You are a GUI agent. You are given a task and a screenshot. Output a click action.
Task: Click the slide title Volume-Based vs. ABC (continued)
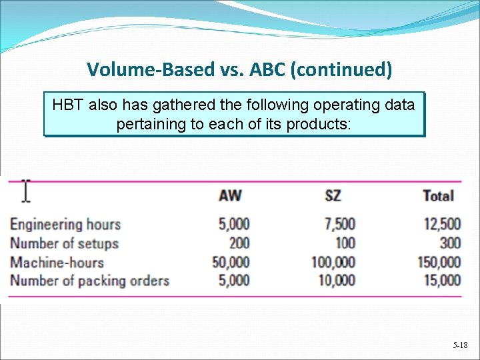[x=239, y=69]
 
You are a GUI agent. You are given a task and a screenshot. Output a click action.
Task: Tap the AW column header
[x=230, y=196]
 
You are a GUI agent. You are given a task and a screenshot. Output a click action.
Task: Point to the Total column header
[x=438, y=196]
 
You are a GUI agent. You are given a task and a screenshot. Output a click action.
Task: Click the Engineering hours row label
[x=65, y=224]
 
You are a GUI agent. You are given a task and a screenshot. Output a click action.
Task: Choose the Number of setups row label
[x=64, y=243]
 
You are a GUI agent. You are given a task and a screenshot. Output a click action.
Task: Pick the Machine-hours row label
[x=57, y=262]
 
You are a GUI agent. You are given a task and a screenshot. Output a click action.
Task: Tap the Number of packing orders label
[x=89, y=281]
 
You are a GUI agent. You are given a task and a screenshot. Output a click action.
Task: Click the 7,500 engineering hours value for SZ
[x=337, y=224]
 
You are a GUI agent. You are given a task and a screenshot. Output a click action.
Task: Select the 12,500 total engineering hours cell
[x=441, y=224]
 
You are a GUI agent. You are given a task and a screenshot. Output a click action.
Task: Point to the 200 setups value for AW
[x=238, y=243]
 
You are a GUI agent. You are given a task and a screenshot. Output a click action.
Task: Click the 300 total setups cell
[x=450, y=243]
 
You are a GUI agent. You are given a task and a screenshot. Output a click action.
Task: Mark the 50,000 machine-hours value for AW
[x=231, y=262]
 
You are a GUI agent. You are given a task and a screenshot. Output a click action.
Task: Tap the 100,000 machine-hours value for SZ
[x=333, y=262]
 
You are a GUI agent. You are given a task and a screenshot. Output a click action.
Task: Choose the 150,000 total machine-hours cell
[x=438, y=262]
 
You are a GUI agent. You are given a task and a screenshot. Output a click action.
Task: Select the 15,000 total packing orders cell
[x=441, y=281]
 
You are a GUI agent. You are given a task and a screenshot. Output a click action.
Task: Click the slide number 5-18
[x=460, y=345]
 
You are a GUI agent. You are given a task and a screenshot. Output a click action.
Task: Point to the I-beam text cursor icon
[x=25, y=191]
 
